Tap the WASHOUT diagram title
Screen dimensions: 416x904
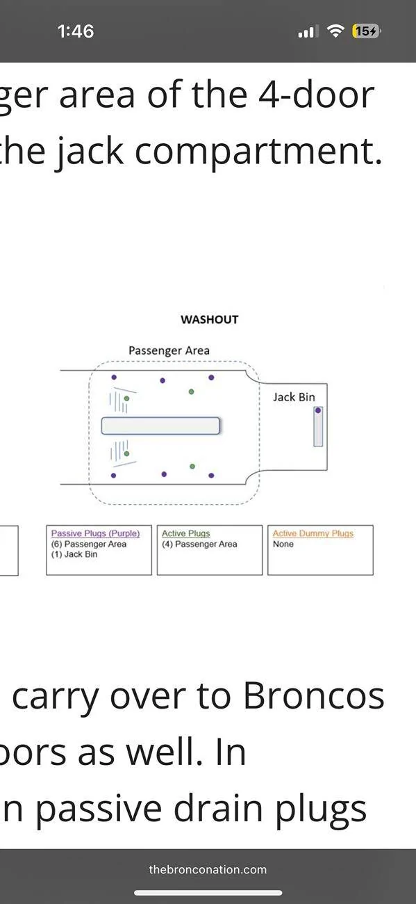pos(209,320)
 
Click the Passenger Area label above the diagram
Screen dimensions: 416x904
pos(169,350)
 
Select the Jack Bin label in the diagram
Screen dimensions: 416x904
pos(294,397)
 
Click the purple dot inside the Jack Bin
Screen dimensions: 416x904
pos(318,410)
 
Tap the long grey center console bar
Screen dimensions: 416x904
pos(160,426)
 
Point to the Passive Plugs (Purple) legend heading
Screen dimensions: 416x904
pos(96,533)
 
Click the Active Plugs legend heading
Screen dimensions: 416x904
pos(186,533)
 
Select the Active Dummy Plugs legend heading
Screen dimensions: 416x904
pos(313,533)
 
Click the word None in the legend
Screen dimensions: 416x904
pos(283,544)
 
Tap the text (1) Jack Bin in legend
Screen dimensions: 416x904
pos(74,554)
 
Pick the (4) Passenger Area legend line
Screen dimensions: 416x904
pos(199,544)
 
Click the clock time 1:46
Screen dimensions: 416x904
pos(76,31)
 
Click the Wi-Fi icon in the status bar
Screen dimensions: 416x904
pos(335,31)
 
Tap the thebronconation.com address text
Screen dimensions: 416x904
pos(208,869)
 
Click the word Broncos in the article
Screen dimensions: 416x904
pos(314,697)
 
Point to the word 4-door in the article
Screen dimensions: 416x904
pos(317,95)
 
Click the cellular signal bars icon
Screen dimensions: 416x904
pos(308,31)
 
